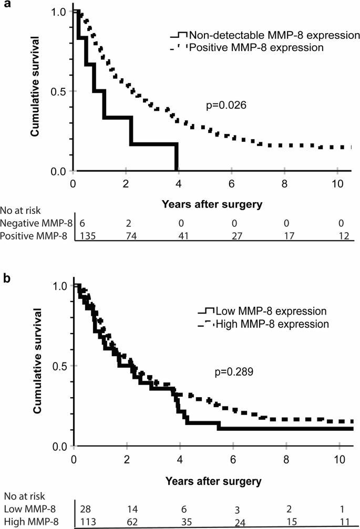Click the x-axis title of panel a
tap(213, 201)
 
